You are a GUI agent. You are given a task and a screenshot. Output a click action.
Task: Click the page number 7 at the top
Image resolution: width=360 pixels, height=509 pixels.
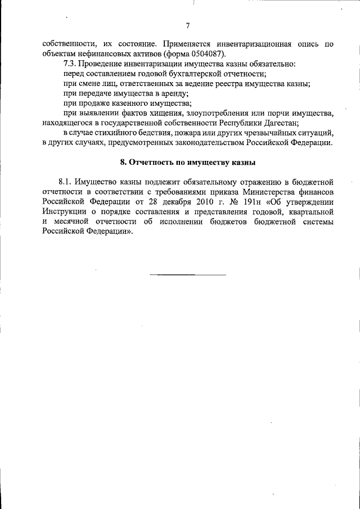(x=187, y=25)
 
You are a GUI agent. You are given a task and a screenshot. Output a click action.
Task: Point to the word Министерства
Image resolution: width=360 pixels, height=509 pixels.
(x=268, y=192)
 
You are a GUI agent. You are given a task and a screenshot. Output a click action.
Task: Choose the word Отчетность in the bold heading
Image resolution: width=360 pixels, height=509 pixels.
(x=152, y=163)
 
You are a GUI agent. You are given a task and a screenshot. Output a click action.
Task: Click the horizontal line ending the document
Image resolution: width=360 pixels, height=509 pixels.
(x=187, y=274)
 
